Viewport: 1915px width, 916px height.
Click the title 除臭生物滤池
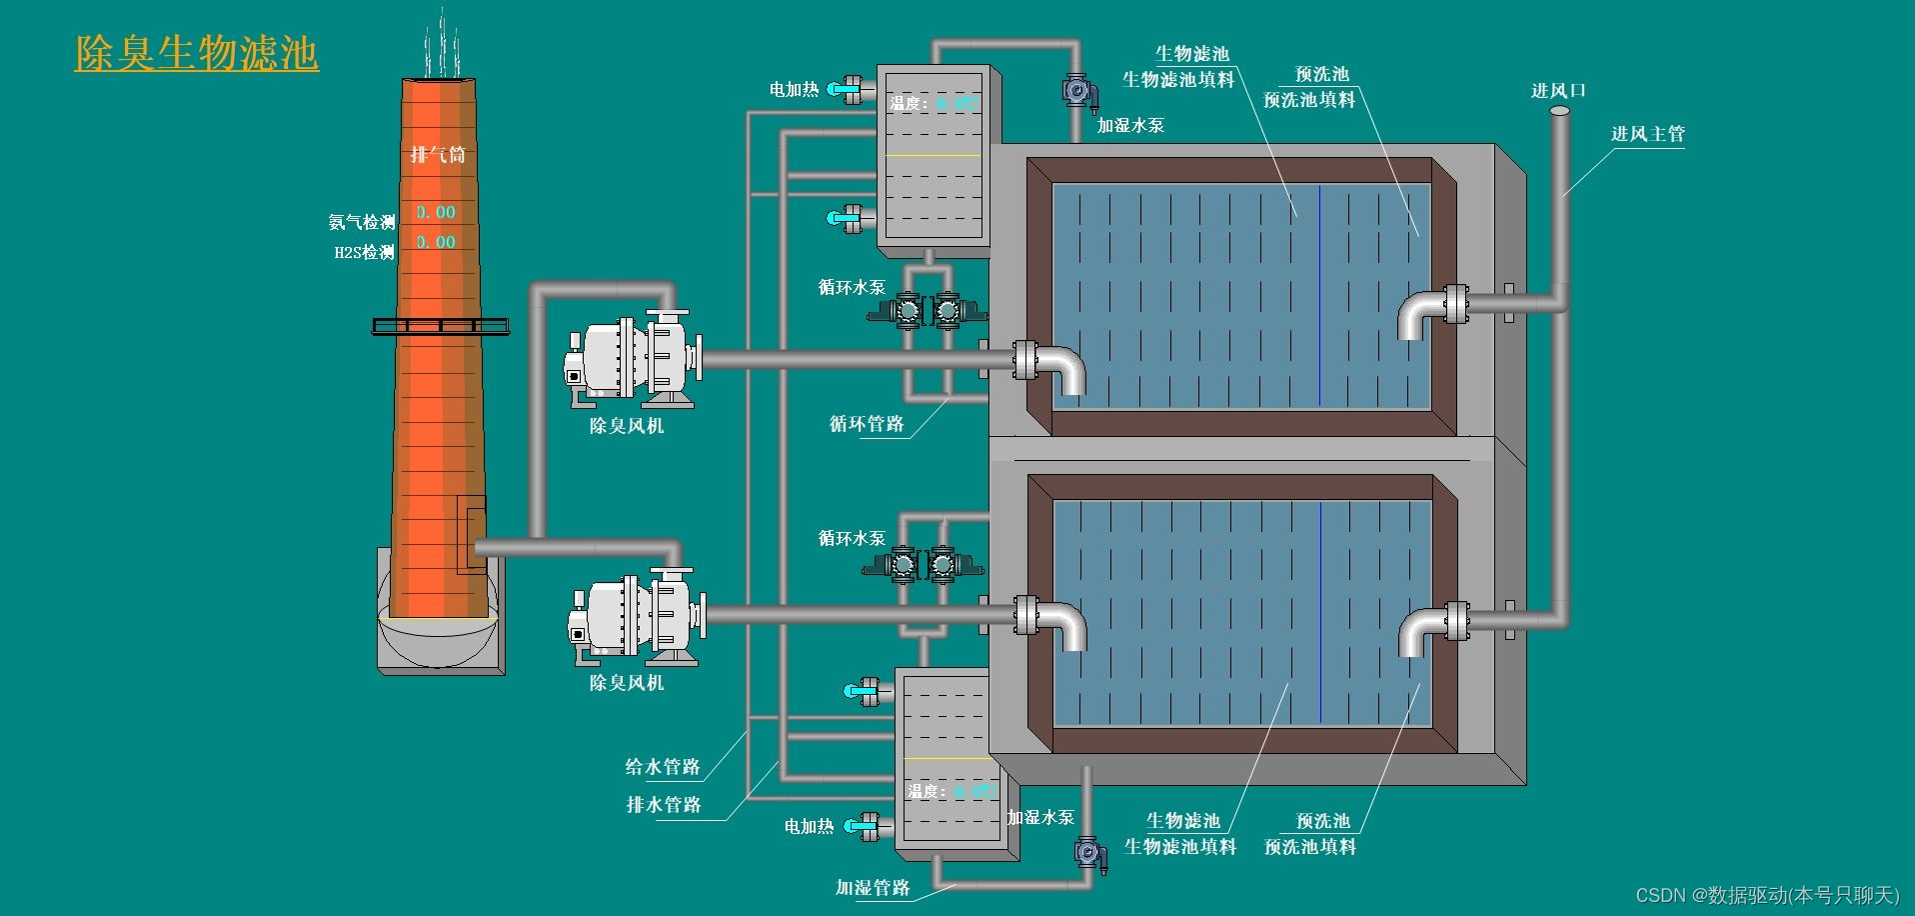(196, 53)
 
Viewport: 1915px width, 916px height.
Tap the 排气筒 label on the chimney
(438, 154)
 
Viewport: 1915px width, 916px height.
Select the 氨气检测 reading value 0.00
(436, 212)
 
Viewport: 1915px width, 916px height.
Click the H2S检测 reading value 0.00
(436, 242)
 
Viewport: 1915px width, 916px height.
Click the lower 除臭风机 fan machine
(636, 618)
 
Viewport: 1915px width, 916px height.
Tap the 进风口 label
(1558, 91)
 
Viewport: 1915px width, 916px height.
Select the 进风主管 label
(1647, 134)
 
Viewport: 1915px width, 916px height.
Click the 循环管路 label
(866, 424)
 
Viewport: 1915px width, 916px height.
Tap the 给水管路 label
(663, 767)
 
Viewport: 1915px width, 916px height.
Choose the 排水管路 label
(664, 805)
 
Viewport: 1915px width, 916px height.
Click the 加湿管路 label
(873, 888)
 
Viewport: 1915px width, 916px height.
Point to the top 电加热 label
(794, 90)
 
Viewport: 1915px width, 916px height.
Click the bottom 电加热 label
(809, 827)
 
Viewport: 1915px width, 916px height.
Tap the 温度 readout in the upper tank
(934, 103)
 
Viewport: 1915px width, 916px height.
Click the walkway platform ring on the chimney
(440, 325)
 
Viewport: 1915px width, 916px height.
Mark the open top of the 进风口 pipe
(1559, 111)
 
